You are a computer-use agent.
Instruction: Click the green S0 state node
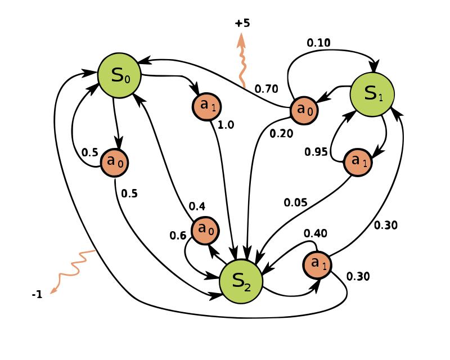(119, 75)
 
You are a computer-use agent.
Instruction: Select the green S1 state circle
(372, 94)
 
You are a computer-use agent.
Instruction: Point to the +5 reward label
(242, 23)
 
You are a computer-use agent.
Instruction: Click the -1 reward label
(37, 294)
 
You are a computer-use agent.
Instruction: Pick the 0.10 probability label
(318, 43)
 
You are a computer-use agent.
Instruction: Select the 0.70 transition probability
(266, 88)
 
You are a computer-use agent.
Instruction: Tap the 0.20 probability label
(281, 133)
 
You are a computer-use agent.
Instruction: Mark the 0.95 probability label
(316, 151)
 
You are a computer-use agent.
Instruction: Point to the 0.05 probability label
(295, 202)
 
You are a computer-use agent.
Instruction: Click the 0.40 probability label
(316, 233)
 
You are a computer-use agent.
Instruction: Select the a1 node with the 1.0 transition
(207, 105)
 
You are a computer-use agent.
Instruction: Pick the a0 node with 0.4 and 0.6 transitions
(206, 230)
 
